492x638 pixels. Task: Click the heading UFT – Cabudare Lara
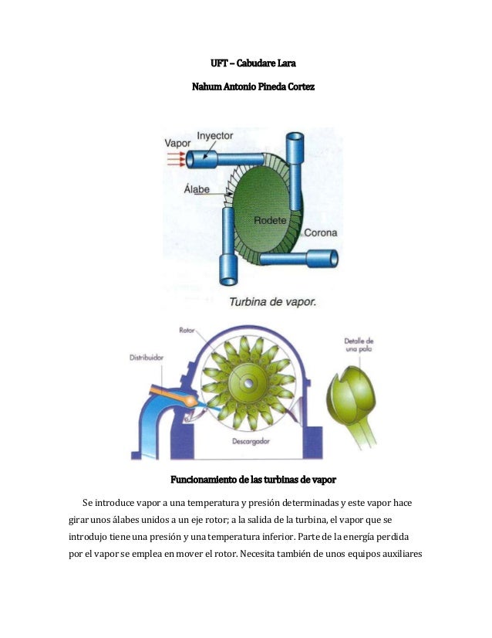[246, 63]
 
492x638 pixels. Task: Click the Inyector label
[215, 135]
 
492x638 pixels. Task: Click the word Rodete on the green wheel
[270, 220]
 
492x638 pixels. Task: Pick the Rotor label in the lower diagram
[187, 330]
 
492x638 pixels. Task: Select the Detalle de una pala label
[359, 345]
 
